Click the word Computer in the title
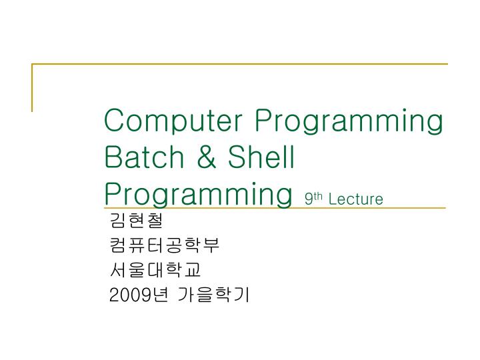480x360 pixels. pos(175,122)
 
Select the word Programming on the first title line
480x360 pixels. pos(349,123)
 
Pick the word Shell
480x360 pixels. pos(262,157)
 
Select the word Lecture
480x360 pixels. pos(356,199)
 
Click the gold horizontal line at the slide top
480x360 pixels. pos(240,65)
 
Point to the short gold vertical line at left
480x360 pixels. pos(32,87)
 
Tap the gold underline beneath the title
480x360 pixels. pos(373,208)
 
